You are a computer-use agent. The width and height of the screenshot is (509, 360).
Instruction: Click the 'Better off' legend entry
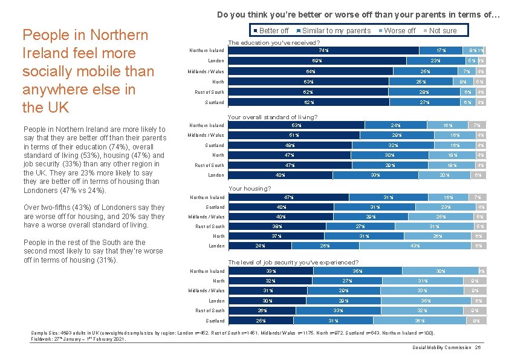tap(274, 31)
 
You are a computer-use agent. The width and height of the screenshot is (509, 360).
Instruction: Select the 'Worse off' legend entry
tap(400, 31)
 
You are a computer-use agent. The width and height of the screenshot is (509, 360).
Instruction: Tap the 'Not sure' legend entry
tap(443, 31)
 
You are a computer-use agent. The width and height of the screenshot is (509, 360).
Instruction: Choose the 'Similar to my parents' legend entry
tap(336, 31)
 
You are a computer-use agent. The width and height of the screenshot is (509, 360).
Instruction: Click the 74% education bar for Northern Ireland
tap(323, 50)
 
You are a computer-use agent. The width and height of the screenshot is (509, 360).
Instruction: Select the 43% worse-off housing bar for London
tap(415, 246)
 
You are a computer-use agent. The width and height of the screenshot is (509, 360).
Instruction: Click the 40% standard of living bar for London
tap(280, 175)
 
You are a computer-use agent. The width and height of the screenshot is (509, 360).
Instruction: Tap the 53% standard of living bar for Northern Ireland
tap(297, 125)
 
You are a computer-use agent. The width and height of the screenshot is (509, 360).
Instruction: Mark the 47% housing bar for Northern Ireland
tap(289, 197)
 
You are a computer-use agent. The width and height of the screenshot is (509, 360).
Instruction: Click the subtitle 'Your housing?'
tap(250, 189)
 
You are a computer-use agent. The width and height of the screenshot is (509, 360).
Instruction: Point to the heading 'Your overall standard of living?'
tap(273, 117)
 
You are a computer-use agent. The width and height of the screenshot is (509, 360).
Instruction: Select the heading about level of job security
tap(293, 263)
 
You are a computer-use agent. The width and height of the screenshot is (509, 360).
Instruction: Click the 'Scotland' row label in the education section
tap(215, 102)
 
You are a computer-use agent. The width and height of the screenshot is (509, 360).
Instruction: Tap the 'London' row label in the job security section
tap(216, 301)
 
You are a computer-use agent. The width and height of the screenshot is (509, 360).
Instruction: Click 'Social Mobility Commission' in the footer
tap(442, 347)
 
